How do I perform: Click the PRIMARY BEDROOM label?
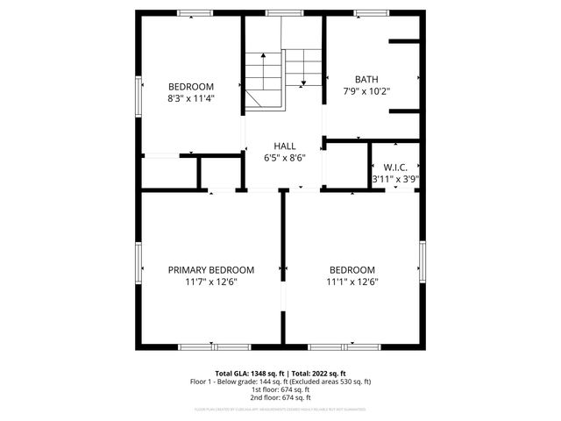point(211,270)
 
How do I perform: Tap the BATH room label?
point(367,78)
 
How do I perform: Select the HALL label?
point(284,146)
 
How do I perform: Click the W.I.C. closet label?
point(395,167)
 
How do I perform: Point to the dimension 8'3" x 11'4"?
point(191,99)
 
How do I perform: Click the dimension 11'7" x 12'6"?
point(211,282)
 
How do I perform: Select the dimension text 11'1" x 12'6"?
point(352,282)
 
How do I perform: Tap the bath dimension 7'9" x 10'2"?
point(367,90)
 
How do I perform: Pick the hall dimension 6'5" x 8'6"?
point(284,159)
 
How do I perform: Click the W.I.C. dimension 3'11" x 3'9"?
point(395,179)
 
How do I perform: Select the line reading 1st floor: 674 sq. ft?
point(280,389)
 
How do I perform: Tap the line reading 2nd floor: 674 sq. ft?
point(280,397)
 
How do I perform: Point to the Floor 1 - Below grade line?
point(280,382)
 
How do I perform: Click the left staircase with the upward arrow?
point(261,80)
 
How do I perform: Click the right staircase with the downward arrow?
point(304,66)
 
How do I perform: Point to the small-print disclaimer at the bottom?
point(280,409)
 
